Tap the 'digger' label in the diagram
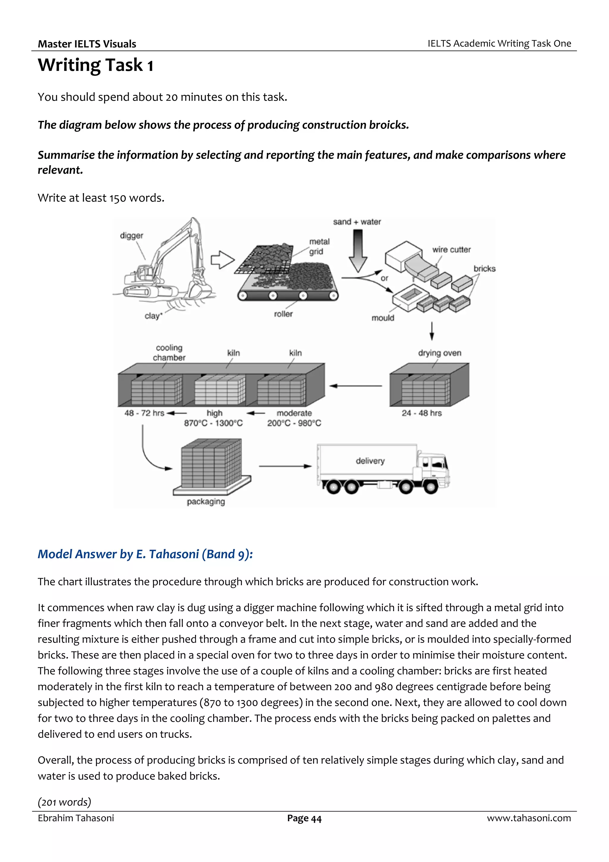click(x=131, y=235)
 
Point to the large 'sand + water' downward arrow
click(x=358, y=251)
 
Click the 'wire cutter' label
click(x=451, y=250)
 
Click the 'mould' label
click(x=382, y=318)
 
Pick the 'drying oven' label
click(x=440, y=353)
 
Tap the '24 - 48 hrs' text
click(x=421, y=413)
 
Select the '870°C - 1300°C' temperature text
click(x=213, y=423)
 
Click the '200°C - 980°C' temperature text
click(x=294, y=423)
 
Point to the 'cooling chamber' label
click(x=169, y=353)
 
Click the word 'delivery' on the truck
click(x=370, y=461)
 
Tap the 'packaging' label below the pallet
click(x=205, y=502)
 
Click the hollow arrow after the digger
click(x=222, y=260)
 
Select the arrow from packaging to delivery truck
click(x=285, y=466)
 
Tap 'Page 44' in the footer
click(x=304, y=819)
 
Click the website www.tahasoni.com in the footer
click(x=529, y=818)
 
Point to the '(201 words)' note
click(x=64, y=802)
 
